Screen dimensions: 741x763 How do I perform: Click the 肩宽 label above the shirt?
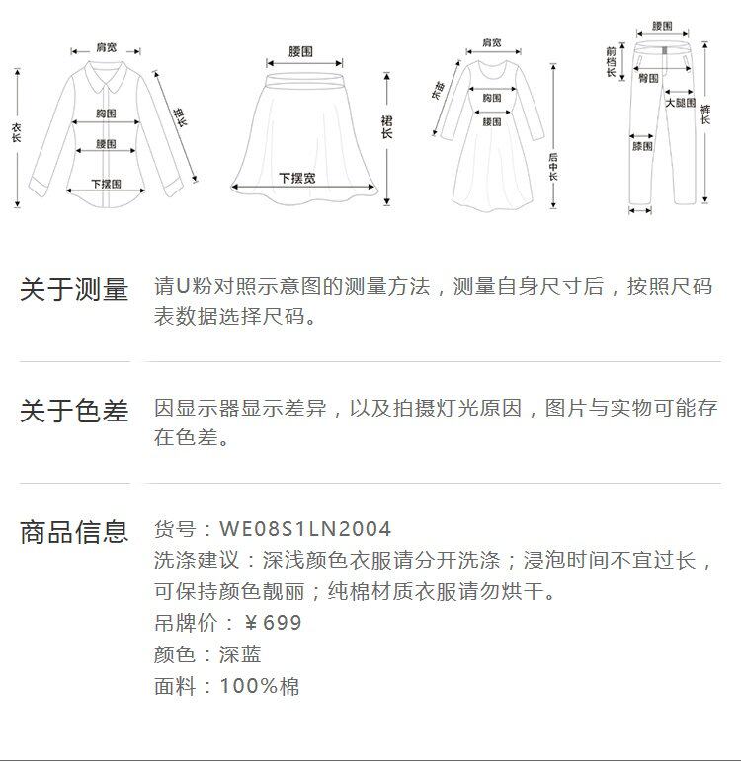[106, 46]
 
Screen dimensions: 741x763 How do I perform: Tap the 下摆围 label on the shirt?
[106, 184]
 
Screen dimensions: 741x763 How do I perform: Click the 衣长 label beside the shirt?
[17, 133]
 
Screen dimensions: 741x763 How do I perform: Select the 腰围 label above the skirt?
[301, 51]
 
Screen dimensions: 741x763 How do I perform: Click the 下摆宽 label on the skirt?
[296, 178]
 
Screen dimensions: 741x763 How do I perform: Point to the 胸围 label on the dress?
[492, 98]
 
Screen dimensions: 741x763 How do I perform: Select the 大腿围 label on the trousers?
[679, 103]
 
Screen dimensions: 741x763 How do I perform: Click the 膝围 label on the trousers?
[642, 146]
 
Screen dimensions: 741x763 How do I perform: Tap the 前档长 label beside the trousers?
[612, 61]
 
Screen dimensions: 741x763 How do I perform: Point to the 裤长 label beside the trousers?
[705, 114]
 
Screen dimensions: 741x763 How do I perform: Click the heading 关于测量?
[74, 290]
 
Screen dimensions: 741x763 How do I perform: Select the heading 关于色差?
[74, 411]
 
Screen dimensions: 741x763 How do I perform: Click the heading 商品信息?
[74, 532]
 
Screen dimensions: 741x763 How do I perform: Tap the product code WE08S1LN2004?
[305, 530]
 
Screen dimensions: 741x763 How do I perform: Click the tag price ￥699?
[273, 623]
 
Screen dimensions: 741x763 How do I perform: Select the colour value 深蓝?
[240, 654]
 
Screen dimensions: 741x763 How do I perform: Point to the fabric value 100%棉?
[260, 686]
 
